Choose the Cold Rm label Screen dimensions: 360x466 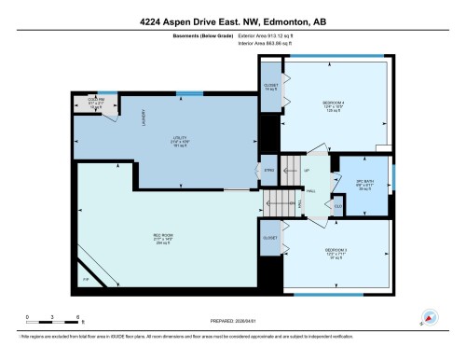point(94,103)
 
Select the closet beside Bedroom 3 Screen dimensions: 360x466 point(270,239)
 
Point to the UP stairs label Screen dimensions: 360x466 point(306,173)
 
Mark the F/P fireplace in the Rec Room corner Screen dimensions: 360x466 point(86,280)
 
